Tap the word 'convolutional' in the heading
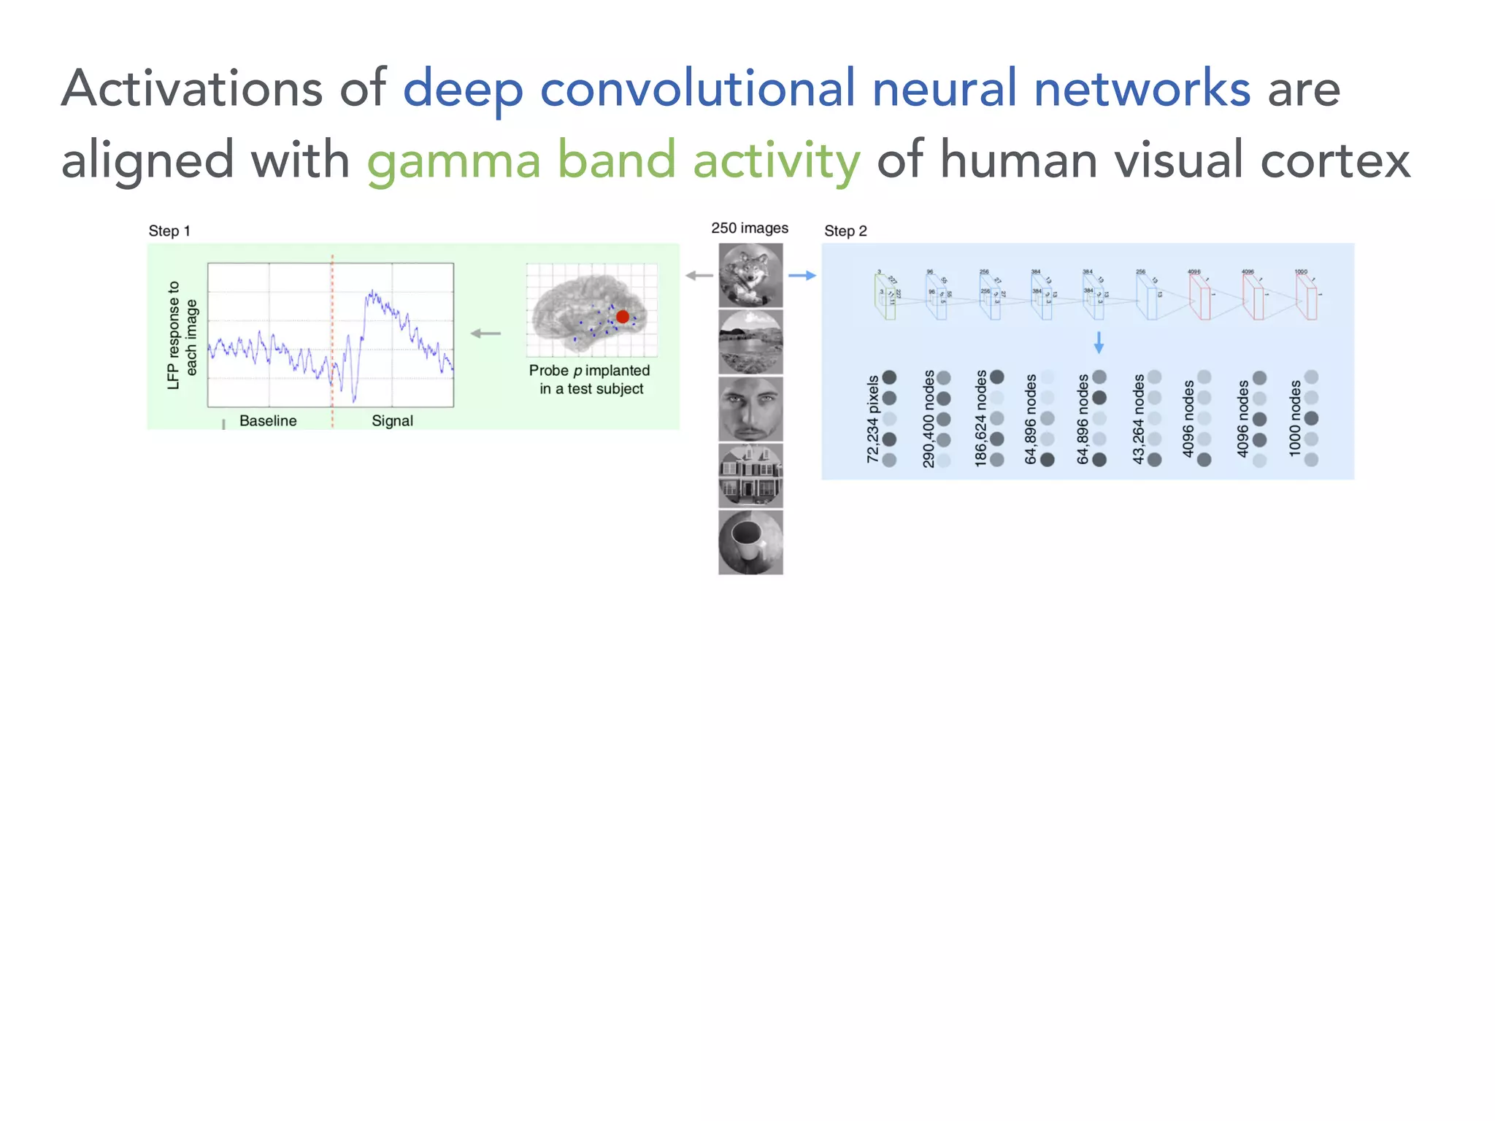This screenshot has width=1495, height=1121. pos(697,89)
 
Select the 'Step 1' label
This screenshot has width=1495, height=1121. pos(169,231)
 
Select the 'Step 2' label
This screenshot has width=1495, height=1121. pos(845,231)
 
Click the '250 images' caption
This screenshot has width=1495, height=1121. pos(750,228)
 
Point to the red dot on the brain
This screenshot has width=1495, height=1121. pos(622,317)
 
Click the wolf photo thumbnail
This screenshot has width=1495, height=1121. pos(750,275)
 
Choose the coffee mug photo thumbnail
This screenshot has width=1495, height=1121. pos(750,542)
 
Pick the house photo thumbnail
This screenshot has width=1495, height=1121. pos(750,476)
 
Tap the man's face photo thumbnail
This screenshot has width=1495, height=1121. pos(750,409)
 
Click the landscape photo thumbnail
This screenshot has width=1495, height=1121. pos(750,342)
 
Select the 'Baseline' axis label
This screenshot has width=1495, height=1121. pos(268,421)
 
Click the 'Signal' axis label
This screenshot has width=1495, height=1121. pos(392,421)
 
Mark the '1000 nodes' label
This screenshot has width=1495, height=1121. pos(1294,419)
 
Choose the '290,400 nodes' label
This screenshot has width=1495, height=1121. pos(928,419)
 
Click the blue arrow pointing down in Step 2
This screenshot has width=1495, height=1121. pos(1099,342)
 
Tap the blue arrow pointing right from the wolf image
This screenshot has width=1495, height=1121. pos(802,276)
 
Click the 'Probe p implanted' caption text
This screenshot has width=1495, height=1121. pos(589,371)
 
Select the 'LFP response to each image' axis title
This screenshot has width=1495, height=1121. pos(182,336)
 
